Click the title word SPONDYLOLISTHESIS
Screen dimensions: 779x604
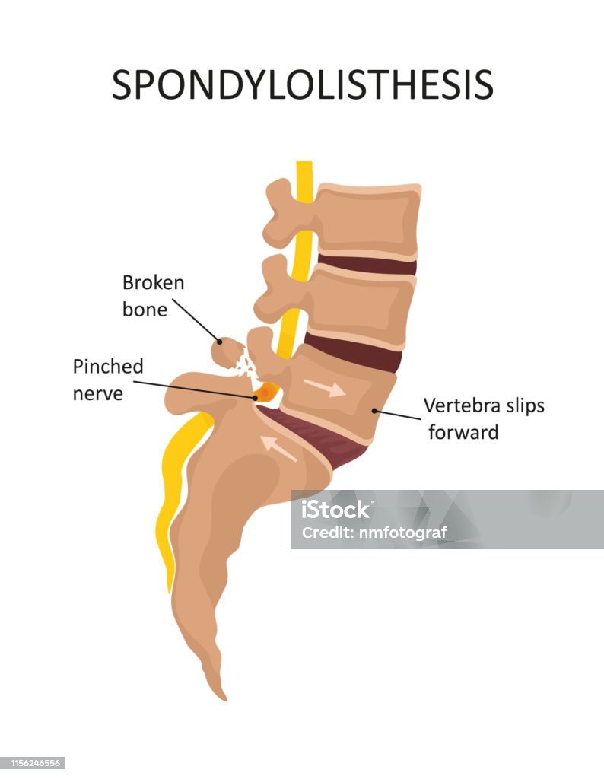[x=302, y=85]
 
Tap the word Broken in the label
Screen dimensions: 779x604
[x=153, y=283]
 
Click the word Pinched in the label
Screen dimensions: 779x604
[x=108, y=367]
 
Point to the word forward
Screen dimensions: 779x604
[x=463, y=433]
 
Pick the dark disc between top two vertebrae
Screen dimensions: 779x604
[x=367, y=265]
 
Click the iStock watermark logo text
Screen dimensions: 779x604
[x=335, y=509]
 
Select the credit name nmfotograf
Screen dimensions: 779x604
[x=404, y=533]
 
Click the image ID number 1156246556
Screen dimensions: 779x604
[x=32, y=763]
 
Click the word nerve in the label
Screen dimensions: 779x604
[x=97, y=394]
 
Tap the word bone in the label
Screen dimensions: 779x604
[x=145, y=310]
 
